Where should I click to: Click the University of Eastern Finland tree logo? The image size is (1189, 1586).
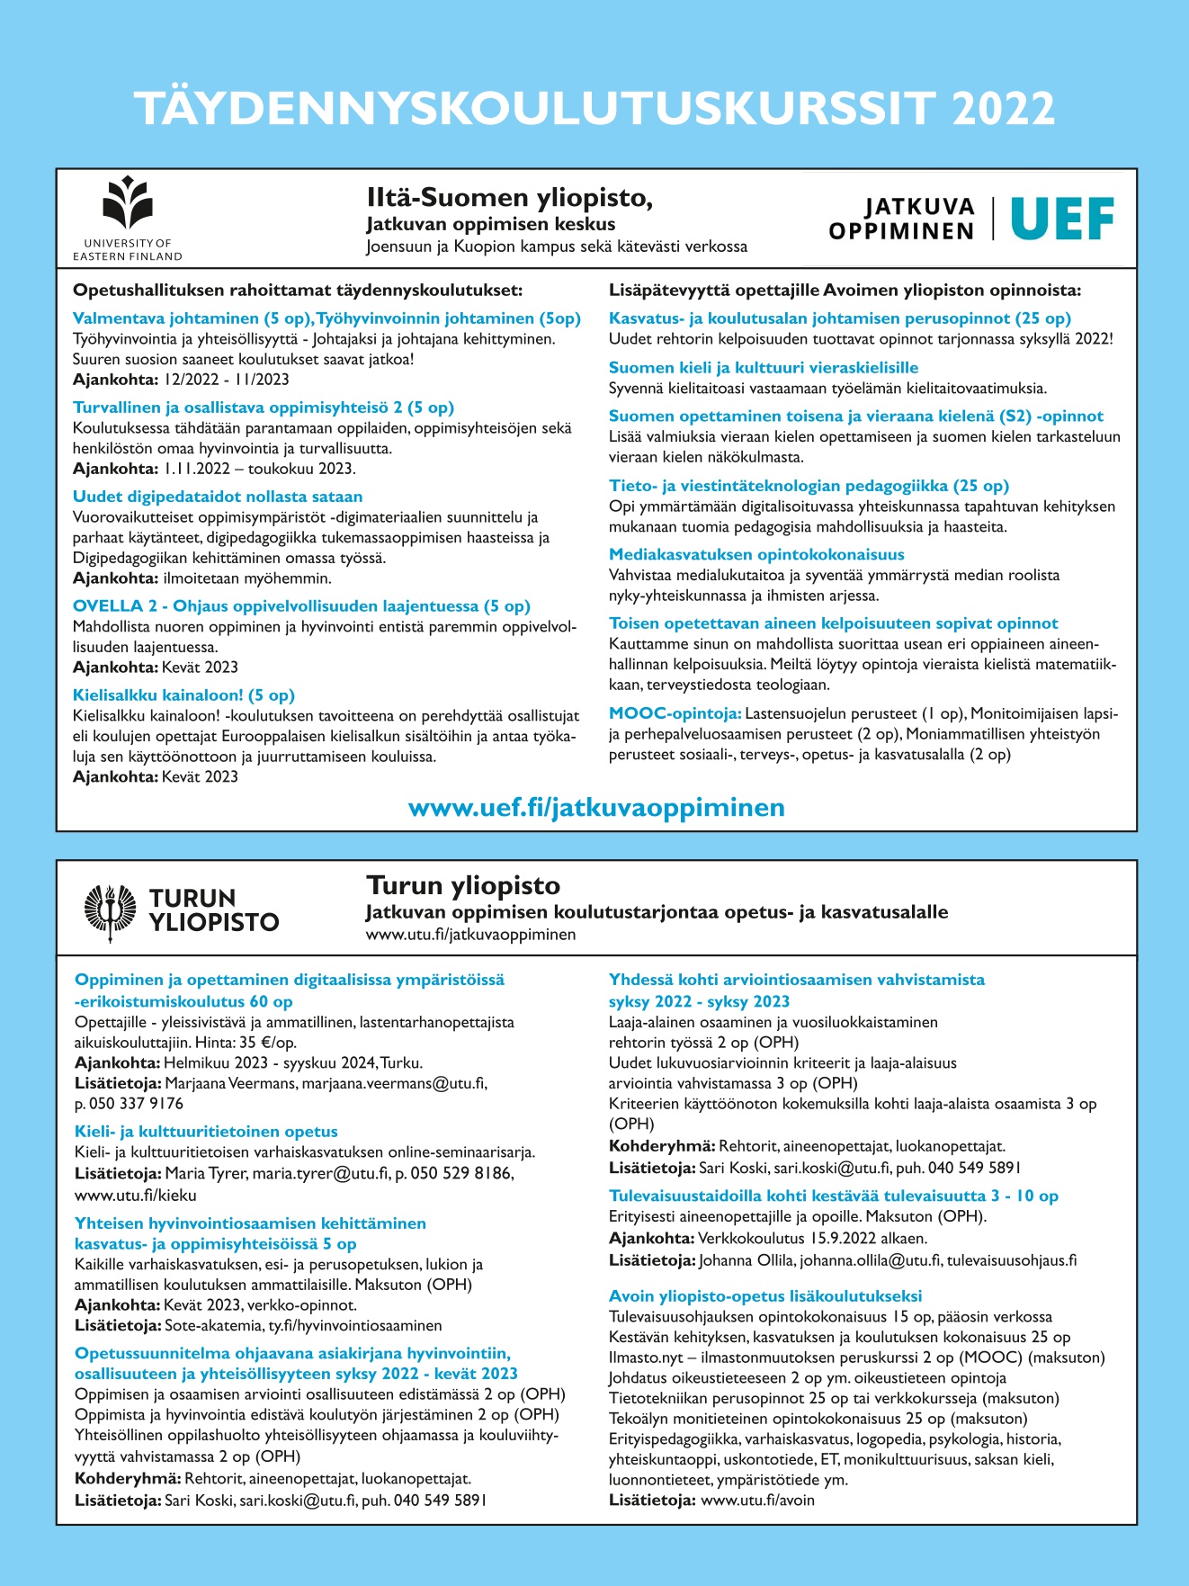tap(128, 203)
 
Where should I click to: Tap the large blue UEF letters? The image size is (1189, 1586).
tap(1062, 219)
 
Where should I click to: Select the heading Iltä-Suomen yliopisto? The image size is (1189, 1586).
tap(509, 198)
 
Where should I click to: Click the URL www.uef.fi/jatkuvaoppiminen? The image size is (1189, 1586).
tap(596, 807)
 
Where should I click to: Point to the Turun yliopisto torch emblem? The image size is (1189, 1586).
tap(110, 910)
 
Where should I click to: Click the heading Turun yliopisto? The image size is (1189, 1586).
tap(463, 885)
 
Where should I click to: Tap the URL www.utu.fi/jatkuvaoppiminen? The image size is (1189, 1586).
tap(470, 935)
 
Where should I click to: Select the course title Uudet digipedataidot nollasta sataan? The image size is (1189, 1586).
tap(218, 497)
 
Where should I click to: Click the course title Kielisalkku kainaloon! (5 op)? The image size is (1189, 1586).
tap(183, 694)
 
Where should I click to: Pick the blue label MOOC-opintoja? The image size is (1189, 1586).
tap(675, 713)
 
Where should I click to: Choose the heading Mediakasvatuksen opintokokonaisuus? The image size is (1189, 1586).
tap(756, 554)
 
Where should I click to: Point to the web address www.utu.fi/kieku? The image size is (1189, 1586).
tap(135, 1196)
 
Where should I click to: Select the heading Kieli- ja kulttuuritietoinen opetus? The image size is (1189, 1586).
tap(206, 1132)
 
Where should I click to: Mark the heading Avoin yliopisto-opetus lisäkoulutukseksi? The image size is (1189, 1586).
tap(765, 1296)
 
